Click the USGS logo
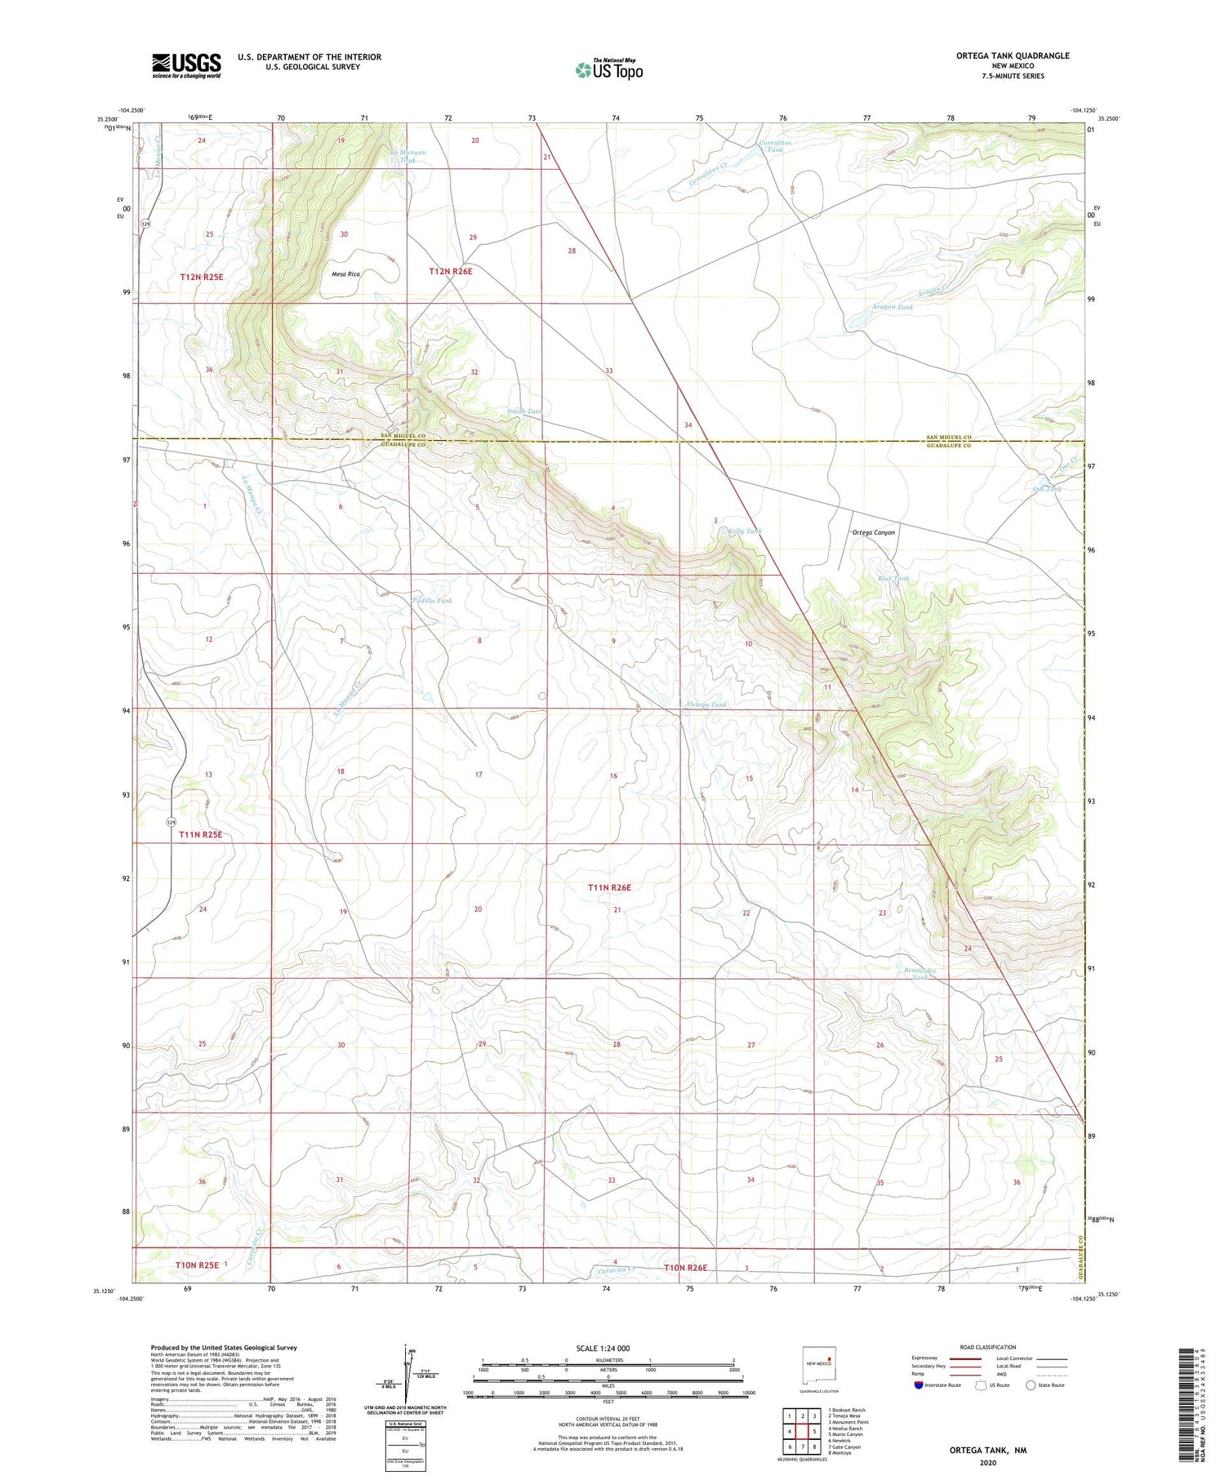[186, 65]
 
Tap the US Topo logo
[608, 70]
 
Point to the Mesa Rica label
[345, 274]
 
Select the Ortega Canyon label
[873, 532]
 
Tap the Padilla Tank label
[432, 600]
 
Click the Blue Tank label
[893, 579]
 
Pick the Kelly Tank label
[745, 531]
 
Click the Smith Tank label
[524, 411]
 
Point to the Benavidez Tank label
[920, 974]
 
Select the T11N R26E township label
[610, 887]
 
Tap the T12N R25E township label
[202, 278]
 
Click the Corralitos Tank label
[773, 145]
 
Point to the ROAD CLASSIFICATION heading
[988, 1347]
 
